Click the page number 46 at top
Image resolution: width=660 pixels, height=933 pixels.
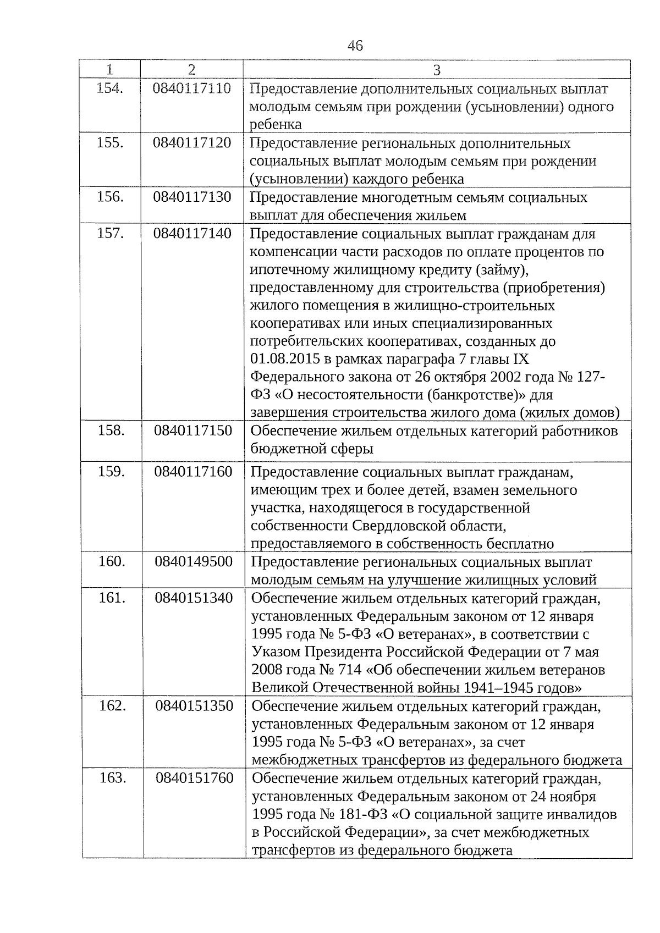(x=355, y=46)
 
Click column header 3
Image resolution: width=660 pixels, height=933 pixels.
(x=437, y=70)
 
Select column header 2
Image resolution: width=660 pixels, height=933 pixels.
(x=191, y=70)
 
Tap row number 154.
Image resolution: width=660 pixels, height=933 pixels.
(x=109, y=89)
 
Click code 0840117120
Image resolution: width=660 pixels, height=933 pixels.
(x=192, y=143)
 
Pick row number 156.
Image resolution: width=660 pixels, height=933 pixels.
(x=109, y=197)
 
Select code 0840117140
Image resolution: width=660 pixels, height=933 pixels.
(x=193, y=234)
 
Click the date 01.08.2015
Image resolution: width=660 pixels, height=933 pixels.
(x=282, y=360)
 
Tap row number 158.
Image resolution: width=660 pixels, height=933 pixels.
(x=111, y=430)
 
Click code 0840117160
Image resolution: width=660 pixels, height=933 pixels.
(x=193, y=472)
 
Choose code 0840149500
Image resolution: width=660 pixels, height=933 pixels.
(x=194, y=562)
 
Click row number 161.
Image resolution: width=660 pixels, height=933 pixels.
(x=112, y=598)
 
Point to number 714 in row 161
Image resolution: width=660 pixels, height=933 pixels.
(x=351, y=670)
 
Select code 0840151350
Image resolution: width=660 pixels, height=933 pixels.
(x=194, y=706)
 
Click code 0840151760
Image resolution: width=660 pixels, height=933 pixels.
(x=195, y=778)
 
